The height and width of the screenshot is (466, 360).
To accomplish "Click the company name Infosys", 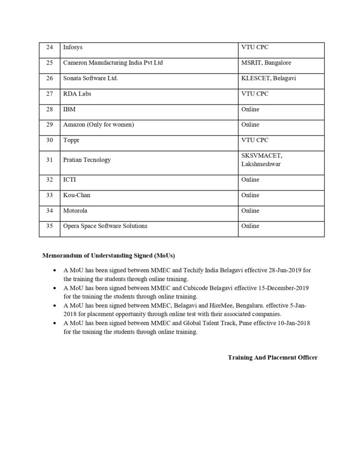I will (73, 47).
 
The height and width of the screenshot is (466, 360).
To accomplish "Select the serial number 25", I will (50, 63).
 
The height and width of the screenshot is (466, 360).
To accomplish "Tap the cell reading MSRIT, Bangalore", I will (266, 63).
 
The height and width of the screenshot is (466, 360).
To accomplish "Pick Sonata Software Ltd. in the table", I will (91, 78).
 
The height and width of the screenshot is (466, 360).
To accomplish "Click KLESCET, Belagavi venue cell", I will (268, 78).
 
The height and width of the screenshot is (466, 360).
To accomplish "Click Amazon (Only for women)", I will (98, 125).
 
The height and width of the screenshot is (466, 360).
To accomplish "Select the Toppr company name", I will (71, 140).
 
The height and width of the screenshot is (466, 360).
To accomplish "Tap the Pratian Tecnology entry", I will (87, 160).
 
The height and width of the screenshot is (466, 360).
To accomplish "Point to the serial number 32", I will (50, 180).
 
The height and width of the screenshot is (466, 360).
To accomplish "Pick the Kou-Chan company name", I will (76, 195).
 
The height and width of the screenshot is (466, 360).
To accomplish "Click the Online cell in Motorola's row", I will (250, 211).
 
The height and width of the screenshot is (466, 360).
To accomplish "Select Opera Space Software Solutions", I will (105, 226).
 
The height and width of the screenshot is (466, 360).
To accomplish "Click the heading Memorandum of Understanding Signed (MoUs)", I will (109, 256).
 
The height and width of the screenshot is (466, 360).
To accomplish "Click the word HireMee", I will (220, 306).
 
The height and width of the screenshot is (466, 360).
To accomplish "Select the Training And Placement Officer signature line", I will (273, 358).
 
